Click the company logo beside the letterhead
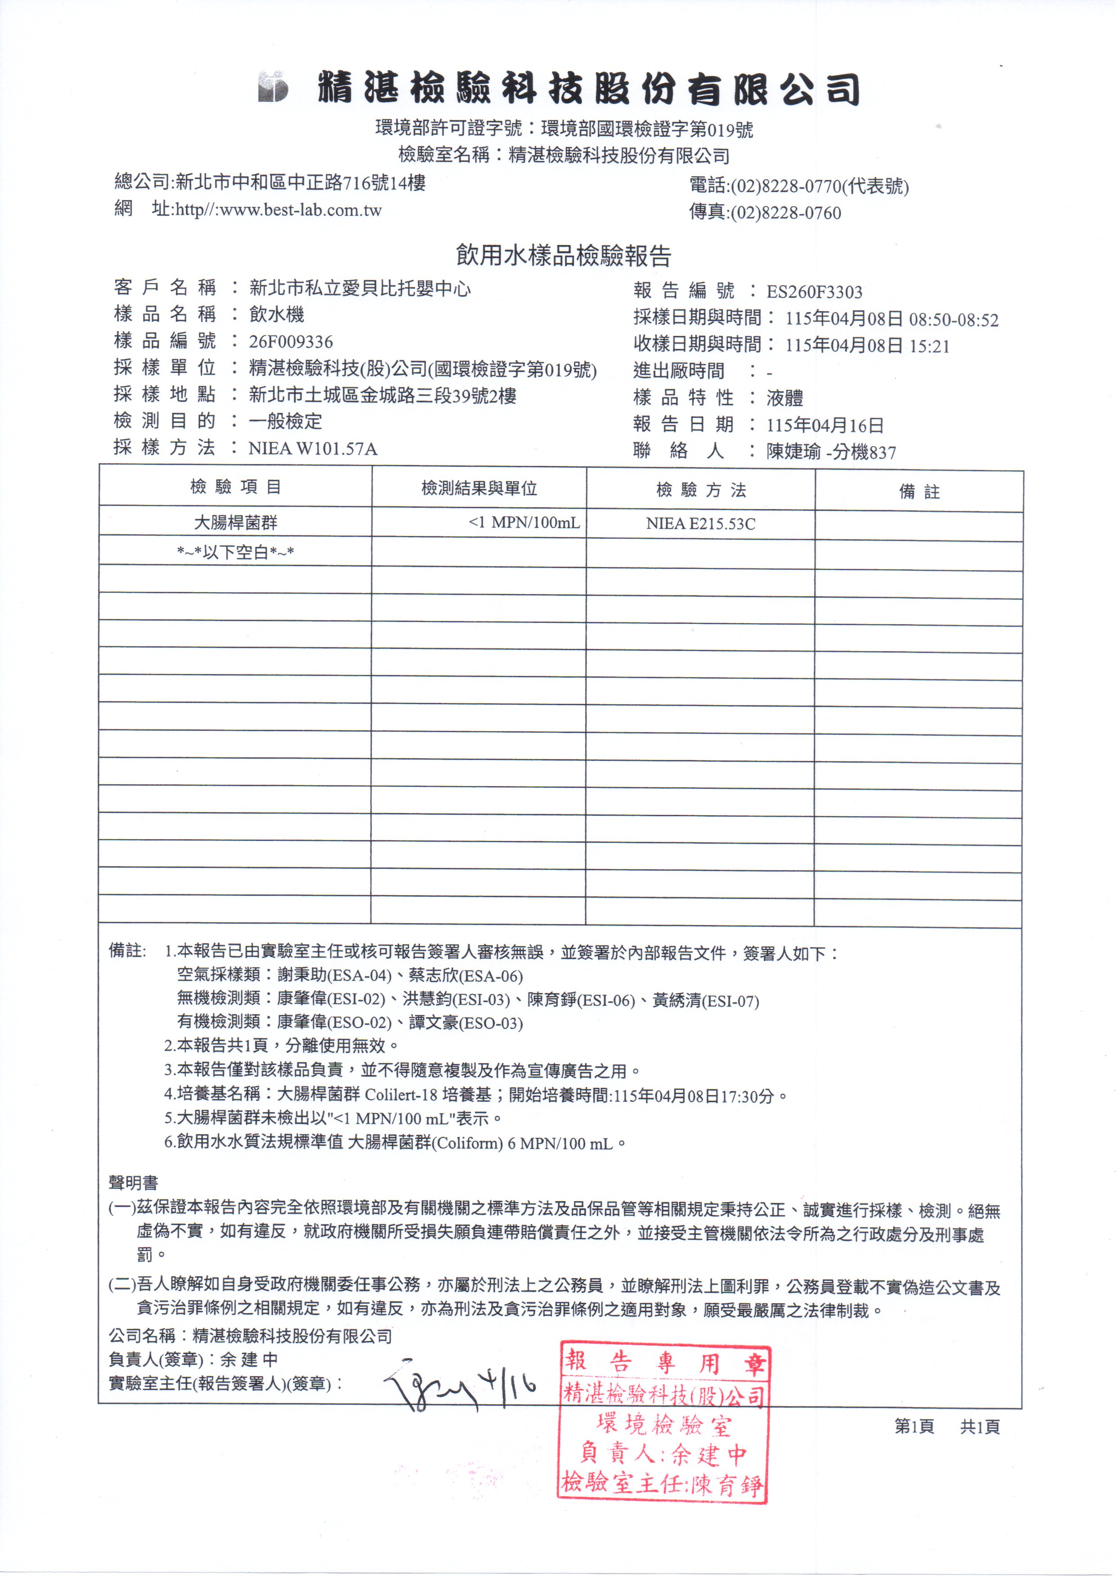[273, 87]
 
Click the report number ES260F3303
[814, 292]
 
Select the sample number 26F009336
[291, 342]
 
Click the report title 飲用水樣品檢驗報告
[563, 256]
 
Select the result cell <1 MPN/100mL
[524, 523]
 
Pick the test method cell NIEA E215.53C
[700, 524]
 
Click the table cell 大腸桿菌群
[235, 523]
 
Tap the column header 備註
[919, 492]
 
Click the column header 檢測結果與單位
[479, 489]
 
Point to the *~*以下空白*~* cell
[235, 552]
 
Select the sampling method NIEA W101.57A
[313, 449]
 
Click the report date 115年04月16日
[825, 425]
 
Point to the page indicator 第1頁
[914, 1427]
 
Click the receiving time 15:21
[929, 346]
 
